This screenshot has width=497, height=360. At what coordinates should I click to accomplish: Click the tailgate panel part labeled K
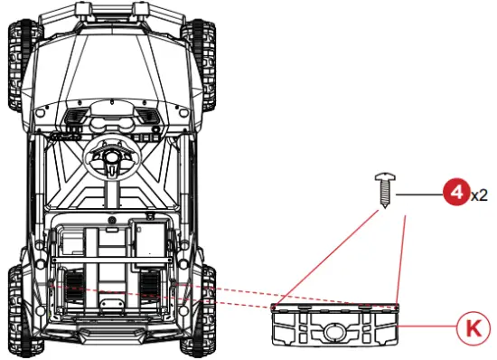point(335,325)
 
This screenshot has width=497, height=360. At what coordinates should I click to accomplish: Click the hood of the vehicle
point(115,63)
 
